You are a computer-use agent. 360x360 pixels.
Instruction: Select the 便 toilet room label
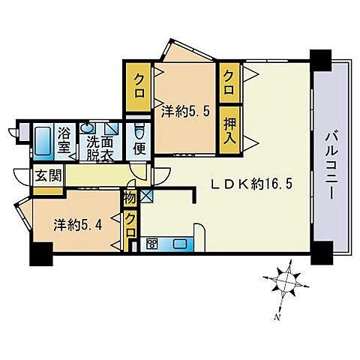[x=138, y=146]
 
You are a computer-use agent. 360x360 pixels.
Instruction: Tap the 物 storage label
[x=130, y=198]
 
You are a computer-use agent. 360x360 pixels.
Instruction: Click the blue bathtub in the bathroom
[x=40, y=141]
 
